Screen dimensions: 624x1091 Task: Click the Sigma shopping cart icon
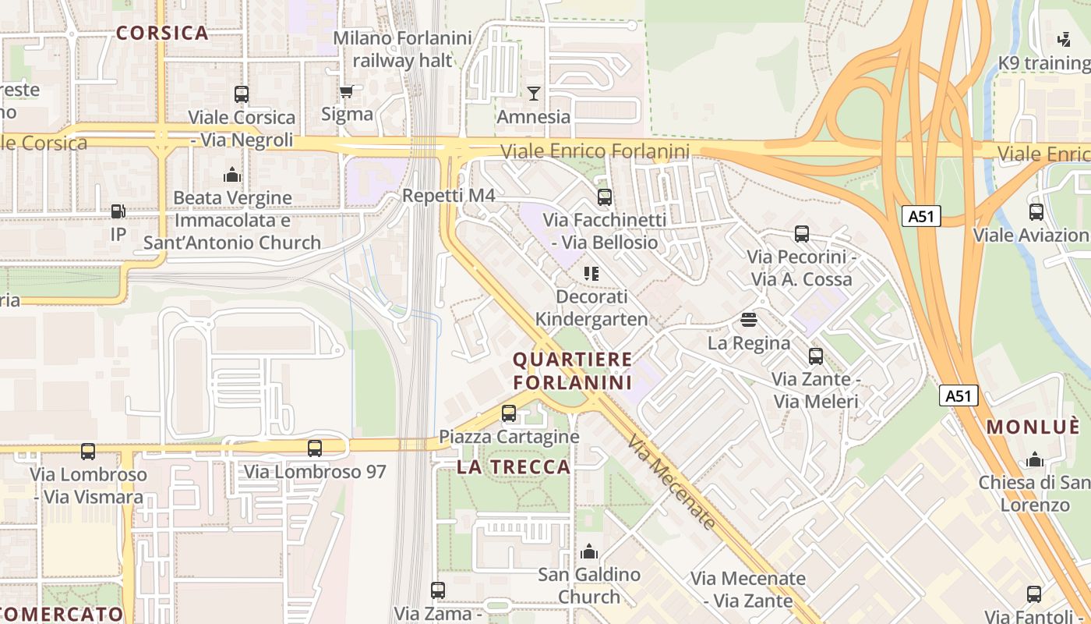(347, 92)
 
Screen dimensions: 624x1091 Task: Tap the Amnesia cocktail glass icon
(534, 94)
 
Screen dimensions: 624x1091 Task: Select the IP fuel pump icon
(118, 211)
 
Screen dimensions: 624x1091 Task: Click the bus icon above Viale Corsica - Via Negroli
(242, 94)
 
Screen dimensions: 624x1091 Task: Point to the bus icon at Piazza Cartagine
(509, 413)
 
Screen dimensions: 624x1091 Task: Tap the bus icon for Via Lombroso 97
(315, 448)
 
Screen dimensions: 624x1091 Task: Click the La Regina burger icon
(749, 319)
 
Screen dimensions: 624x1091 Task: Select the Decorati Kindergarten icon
(591, 274)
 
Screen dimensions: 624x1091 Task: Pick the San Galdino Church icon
(589, 552)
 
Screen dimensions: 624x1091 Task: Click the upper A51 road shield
(921, 216)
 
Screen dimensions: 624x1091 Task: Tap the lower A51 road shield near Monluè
(958, 395)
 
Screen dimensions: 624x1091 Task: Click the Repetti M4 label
(448, 195)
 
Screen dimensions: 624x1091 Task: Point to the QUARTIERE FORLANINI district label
(573, 371)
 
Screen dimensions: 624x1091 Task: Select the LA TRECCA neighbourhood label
(514, 467)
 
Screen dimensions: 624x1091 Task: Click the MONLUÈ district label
(1033, 427)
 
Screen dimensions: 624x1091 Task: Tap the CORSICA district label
(162, 33)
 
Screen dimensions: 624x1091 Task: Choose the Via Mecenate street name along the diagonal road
(671, 483)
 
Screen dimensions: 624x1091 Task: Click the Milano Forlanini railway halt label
(403, 48)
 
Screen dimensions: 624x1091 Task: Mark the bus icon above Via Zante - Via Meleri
(816, 356)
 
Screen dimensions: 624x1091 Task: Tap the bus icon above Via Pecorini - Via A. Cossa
(802, 234)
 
